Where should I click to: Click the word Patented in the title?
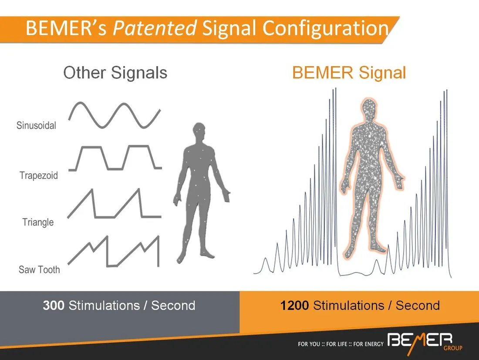(155, 28)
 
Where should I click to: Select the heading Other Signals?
(115, 73)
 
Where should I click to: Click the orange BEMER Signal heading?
(349, 73)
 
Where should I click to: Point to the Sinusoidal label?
(36, 125)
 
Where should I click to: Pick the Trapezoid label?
(39, 175)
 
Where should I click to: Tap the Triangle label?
(38, 222)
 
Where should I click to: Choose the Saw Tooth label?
(39, 269)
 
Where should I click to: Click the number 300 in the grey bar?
(54, 305)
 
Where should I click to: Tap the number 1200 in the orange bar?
(294, 305)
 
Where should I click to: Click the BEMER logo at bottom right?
(420, 340)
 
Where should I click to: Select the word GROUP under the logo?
(453, 348)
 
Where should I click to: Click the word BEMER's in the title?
(66, 28)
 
